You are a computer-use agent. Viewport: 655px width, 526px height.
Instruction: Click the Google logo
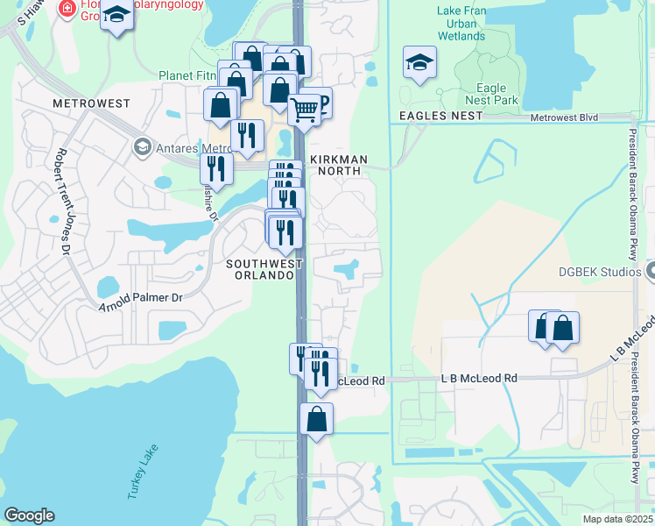point(29,515)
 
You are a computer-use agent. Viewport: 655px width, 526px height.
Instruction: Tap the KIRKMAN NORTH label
point(337,166)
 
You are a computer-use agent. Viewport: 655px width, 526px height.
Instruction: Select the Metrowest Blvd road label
point(564,117)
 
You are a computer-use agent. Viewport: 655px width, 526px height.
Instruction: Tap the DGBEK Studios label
point(600,272)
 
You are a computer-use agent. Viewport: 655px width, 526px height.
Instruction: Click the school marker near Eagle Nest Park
point(420,62)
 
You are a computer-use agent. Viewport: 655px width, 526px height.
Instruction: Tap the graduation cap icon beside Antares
point(141,146)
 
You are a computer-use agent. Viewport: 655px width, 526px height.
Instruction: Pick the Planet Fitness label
point(187,75)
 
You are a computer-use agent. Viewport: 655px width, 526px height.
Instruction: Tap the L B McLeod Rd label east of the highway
point(478,378)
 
